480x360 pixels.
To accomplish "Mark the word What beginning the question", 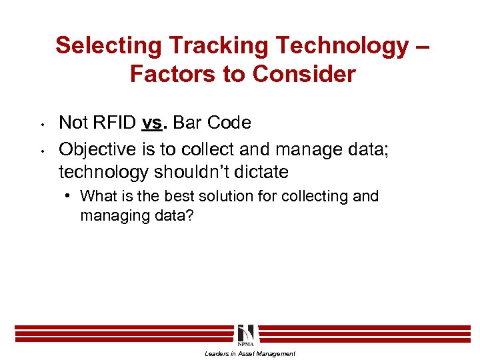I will coord(97,197).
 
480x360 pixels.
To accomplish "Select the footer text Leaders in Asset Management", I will coord(249,354).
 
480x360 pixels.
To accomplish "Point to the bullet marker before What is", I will coord(69,197).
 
